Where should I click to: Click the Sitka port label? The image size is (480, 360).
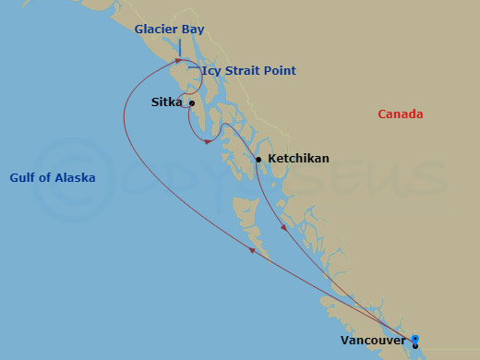[166, 103]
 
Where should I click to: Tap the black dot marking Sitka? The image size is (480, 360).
[192, 103]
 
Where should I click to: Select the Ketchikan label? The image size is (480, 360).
[298, 159]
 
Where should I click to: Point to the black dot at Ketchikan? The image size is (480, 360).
[258, 160]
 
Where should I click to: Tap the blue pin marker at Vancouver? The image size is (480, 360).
[415, 339]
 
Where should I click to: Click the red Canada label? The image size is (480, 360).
[400, 114]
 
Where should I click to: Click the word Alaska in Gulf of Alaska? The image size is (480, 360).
[75, 177]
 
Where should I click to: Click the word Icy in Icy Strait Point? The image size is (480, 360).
[212, 70]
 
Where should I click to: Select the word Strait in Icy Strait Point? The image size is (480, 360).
[244, 70]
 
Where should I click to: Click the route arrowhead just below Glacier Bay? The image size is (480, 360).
[177, 61]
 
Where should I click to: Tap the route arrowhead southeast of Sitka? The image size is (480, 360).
[210, 142]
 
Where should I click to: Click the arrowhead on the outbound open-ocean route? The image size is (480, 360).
[252, 248]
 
